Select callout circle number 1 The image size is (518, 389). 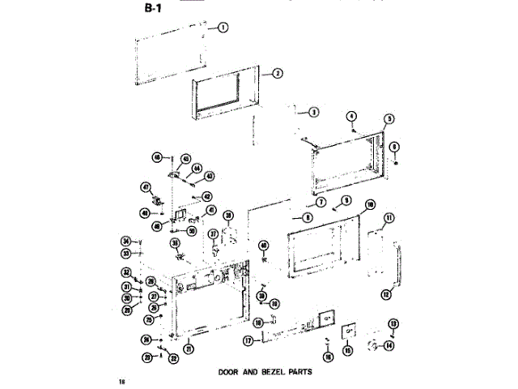tap(222, 27)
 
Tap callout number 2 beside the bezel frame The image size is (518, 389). tap(277, 73)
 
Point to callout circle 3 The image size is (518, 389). tap(313, 112)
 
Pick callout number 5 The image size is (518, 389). tap(388, 119)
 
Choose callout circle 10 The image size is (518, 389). tap(370, 205)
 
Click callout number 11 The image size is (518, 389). tap(389, 217)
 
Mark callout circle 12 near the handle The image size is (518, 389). tap(385, 295)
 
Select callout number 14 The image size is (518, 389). tap(389, 345)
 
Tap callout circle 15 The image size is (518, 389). tap(348, 350)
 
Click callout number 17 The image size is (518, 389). tap(248, 341)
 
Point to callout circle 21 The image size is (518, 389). tap(189, 349)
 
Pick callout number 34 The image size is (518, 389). tap(125, 241)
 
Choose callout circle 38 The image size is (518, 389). tap(229, 215)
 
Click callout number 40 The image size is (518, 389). tap(263, 246)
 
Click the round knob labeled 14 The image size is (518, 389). tap(376, 346)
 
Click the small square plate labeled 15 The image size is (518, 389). tap(350, 331)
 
